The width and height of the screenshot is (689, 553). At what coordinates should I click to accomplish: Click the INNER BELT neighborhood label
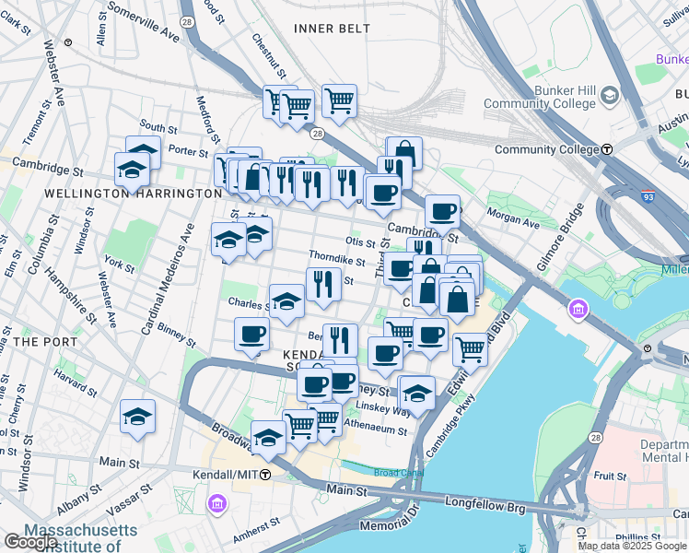point(332,29)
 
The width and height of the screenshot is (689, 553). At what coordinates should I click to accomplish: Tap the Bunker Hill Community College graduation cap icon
point(609,97)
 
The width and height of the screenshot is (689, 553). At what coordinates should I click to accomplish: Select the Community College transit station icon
point(608,149)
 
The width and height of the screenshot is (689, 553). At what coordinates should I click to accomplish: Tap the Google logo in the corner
point(29,543)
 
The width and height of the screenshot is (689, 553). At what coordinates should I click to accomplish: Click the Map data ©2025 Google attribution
point(632,546)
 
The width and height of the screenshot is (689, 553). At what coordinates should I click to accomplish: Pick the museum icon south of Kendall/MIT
point(217,504)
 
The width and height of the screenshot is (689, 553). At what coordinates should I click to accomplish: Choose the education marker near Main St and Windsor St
point(137,417)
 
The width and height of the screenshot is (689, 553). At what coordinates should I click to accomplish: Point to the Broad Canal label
point(399,472)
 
